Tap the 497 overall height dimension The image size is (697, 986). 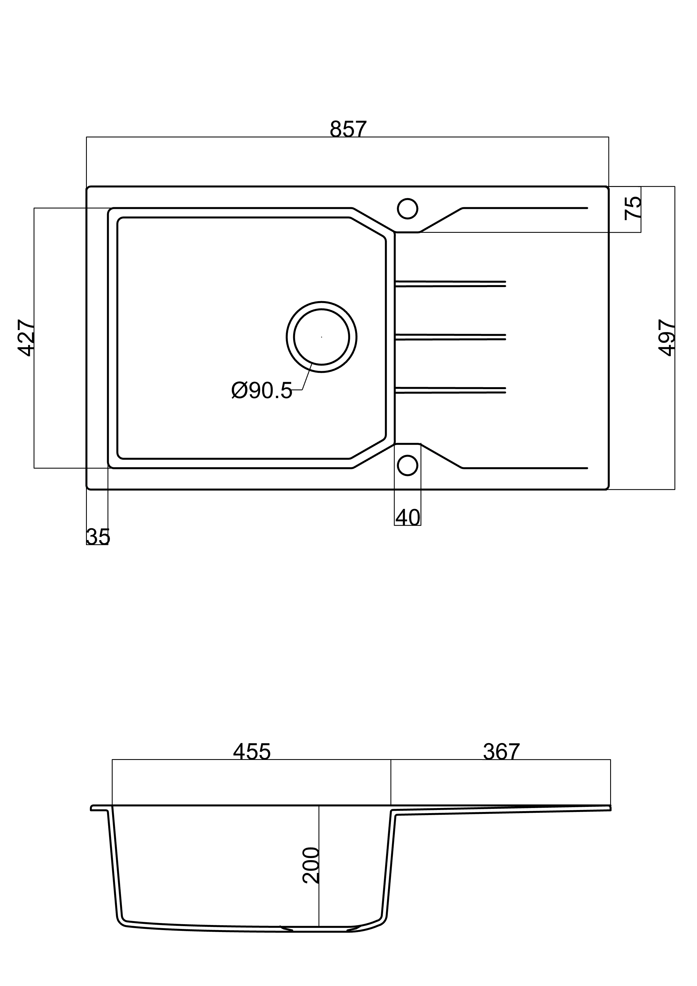tap(667, 338)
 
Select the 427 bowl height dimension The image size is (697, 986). tap(26, 338)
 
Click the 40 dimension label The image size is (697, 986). tap(408, 518)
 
